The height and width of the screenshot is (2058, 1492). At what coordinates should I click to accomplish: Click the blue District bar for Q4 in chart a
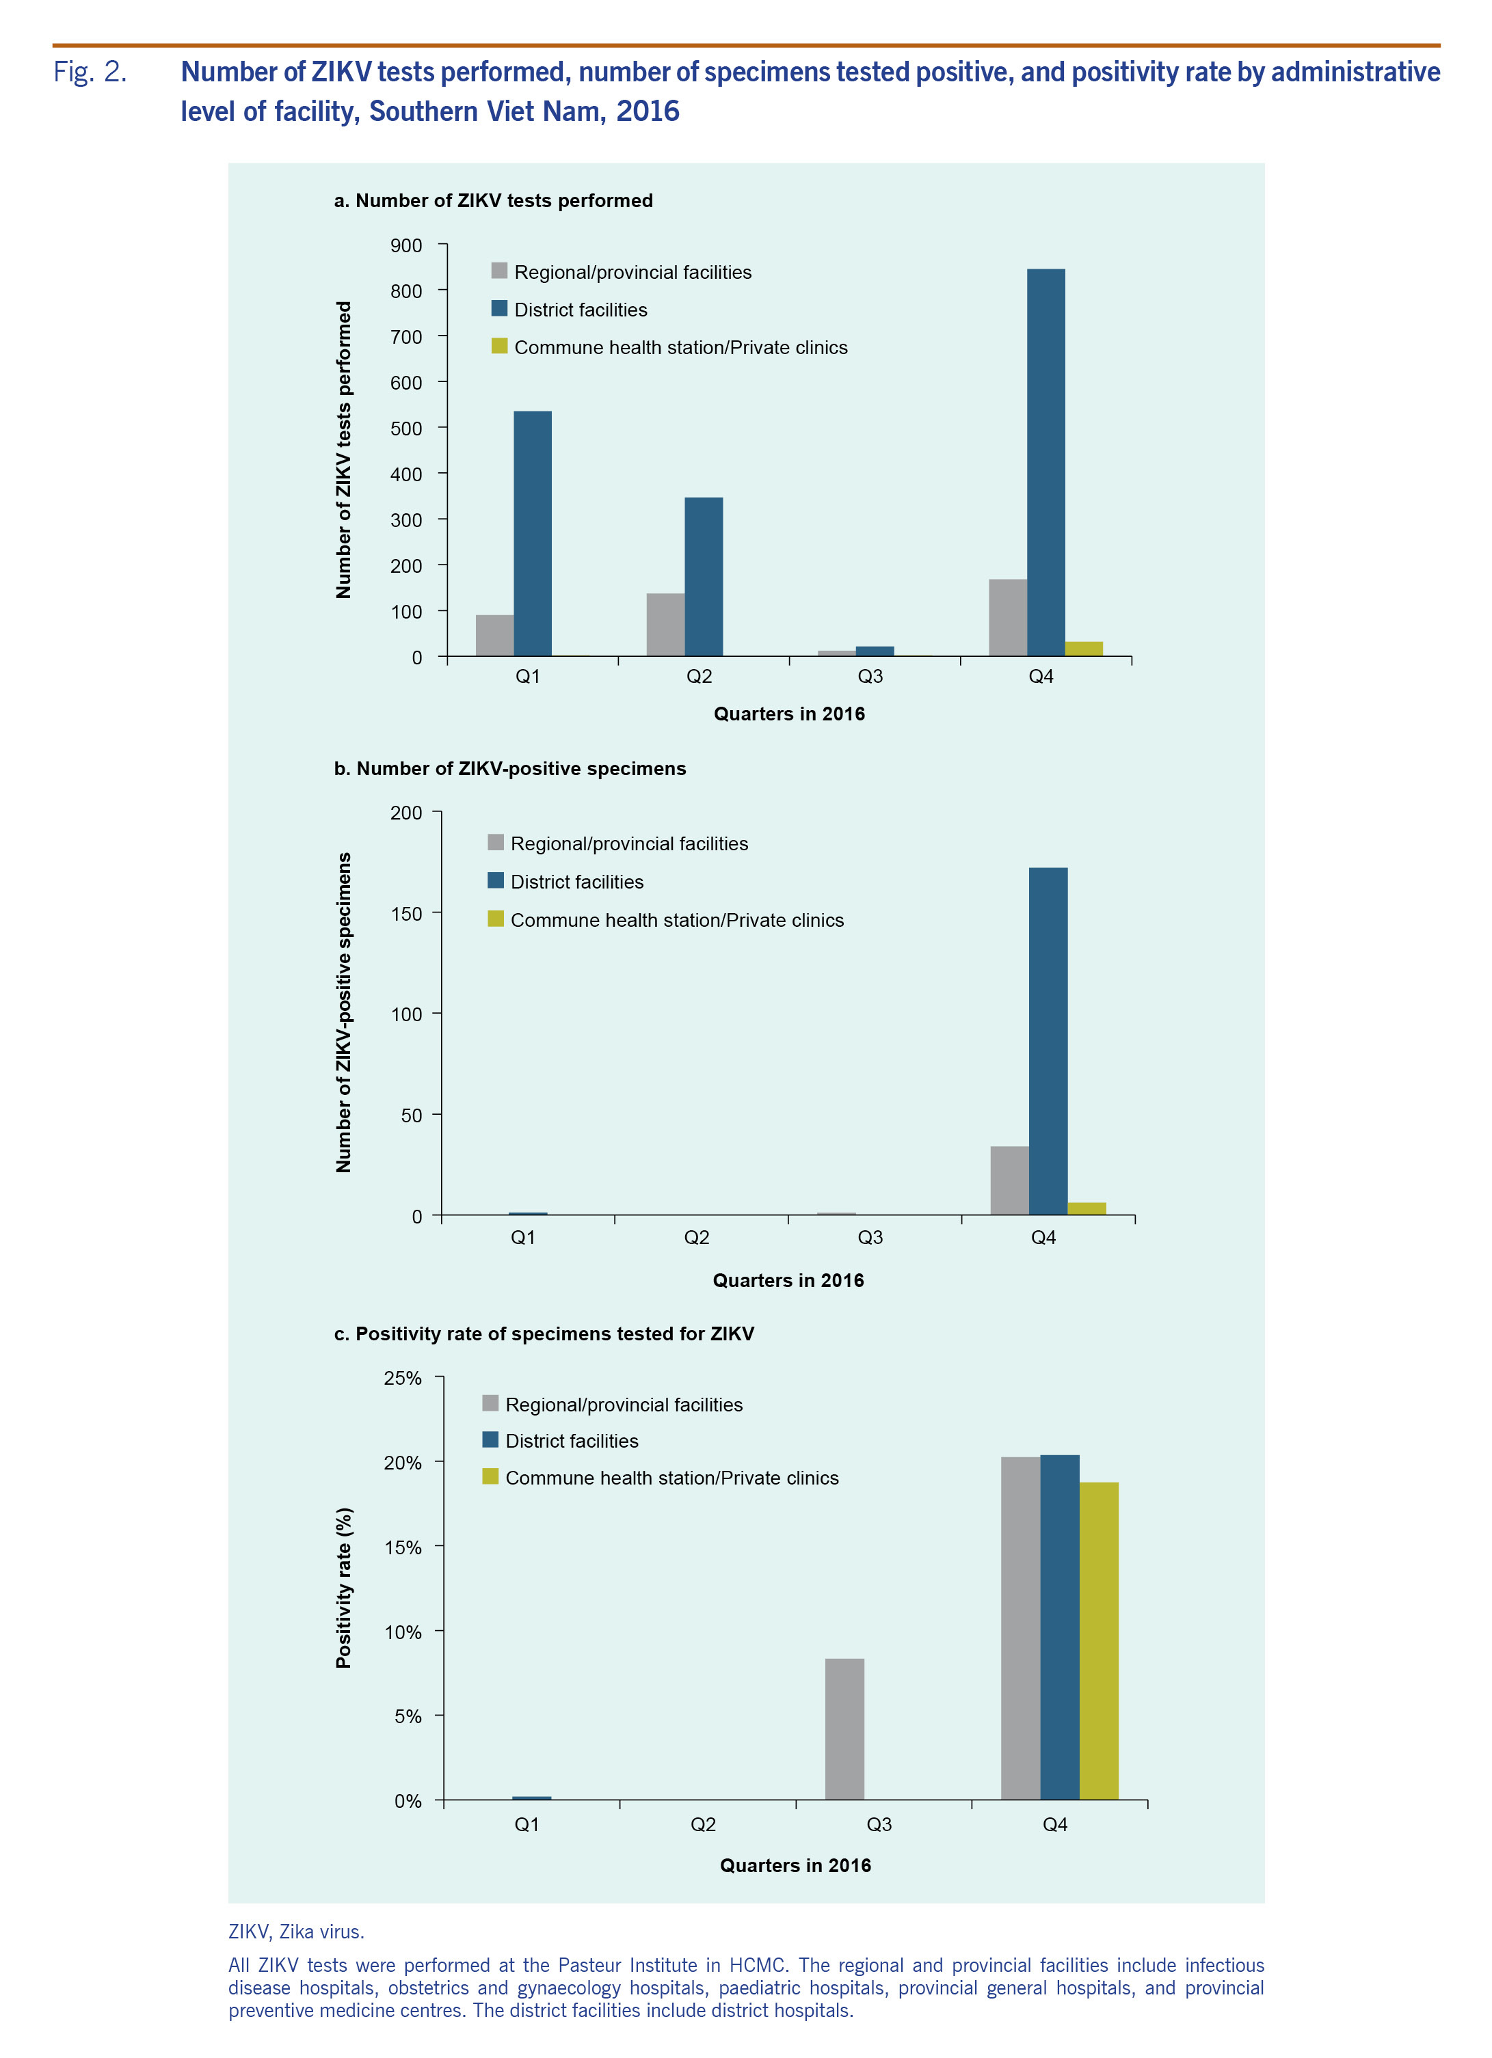click(x=1045, y=462)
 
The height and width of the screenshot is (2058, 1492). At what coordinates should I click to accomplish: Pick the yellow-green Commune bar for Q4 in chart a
click(x=1084, y=649)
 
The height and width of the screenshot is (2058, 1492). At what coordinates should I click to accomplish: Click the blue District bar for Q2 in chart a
click(x=704, y=576)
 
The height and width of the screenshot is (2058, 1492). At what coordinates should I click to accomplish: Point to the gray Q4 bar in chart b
click(x=1009, y=1180)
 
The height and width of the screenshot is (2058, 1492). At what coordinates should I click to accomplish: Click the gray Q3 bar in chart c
click(x=844, y=1729)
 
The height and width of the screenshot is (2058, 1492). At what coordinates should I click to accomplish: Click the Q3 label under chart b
click(x=870, y=1238)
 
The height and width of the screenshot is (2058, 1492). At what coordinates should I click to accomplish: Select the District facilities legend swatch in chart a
click(x=499, y=308)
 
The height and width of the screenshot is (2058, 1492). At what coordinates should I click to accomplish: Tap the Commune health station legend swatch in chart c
click(x=490, y=1476)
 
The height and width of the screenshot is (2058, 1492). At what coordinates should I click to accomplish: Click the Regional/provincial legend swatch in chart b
click(x=496, y=842)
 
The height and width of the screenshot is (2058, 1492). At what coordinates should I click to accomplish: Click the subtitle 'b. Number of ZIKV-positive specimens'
click(x=509, y=768)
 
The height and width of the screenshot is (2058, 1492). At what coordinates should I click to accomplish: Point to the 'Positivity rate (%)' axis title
click(x=343, y=1588)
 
